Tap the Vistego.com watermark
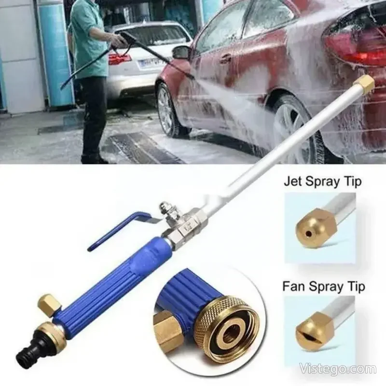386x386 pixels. (x=338, y=369)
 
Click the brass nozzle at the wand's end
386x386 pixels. (x=365, y=84)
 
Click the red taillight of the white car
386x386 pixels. (x=120, y=58)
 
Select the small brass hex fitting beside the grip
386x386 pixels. (x=49, y=304)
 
